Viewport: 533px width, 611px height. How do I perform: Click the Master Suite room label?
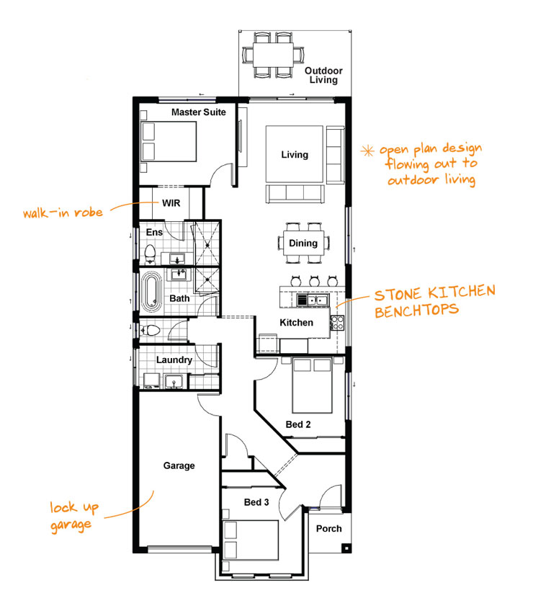[x=199, y=112]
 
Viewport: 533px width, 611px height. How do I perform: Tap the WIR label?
[x=171, y=203]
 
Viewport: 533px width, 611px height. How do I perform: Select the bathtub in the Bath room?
[x=151, y=293]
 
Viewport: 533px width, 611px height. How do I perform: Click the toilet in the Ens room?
[x=150, y=254]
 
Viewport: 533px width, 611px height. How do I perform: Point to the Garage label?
[x=179, y=465]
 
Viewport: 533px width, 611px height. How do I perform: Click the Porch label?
[x=329, y=529]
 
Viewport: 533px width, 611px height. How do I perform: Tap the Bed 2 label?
[x=298, y=424]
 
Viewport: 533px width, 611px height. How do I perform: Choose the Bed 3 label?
[x=256, y=502]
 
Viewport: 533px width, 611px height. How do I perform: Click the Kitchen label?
[x=296, y=323]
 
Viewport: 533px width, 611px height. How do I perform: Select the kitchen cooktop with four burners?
[x=337, y=323]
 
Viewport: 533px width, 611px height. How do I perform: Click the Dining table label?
[x=303, y=243]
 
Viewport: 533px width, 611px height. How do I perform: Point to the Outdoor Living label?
[x=323, y=76]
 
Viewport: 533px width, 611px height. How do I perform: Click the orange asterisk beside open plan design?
[x=367, y=151]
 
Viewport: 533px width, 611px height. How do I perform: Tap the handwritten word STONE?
[x=398, y=295]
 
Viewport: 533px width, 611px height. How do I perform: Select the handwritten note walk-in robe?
[x=63, y=213]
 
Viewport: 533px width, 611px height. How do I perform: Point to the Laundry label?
[x=174, y=360]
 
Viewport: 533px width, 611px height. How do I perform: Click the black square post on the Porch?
[x=346, y=548]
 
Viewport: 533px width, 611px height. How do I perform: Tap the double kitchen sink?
[x=313, y=300]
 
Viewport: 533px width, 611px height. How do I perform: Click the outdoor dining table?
[x=273, y=55]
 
